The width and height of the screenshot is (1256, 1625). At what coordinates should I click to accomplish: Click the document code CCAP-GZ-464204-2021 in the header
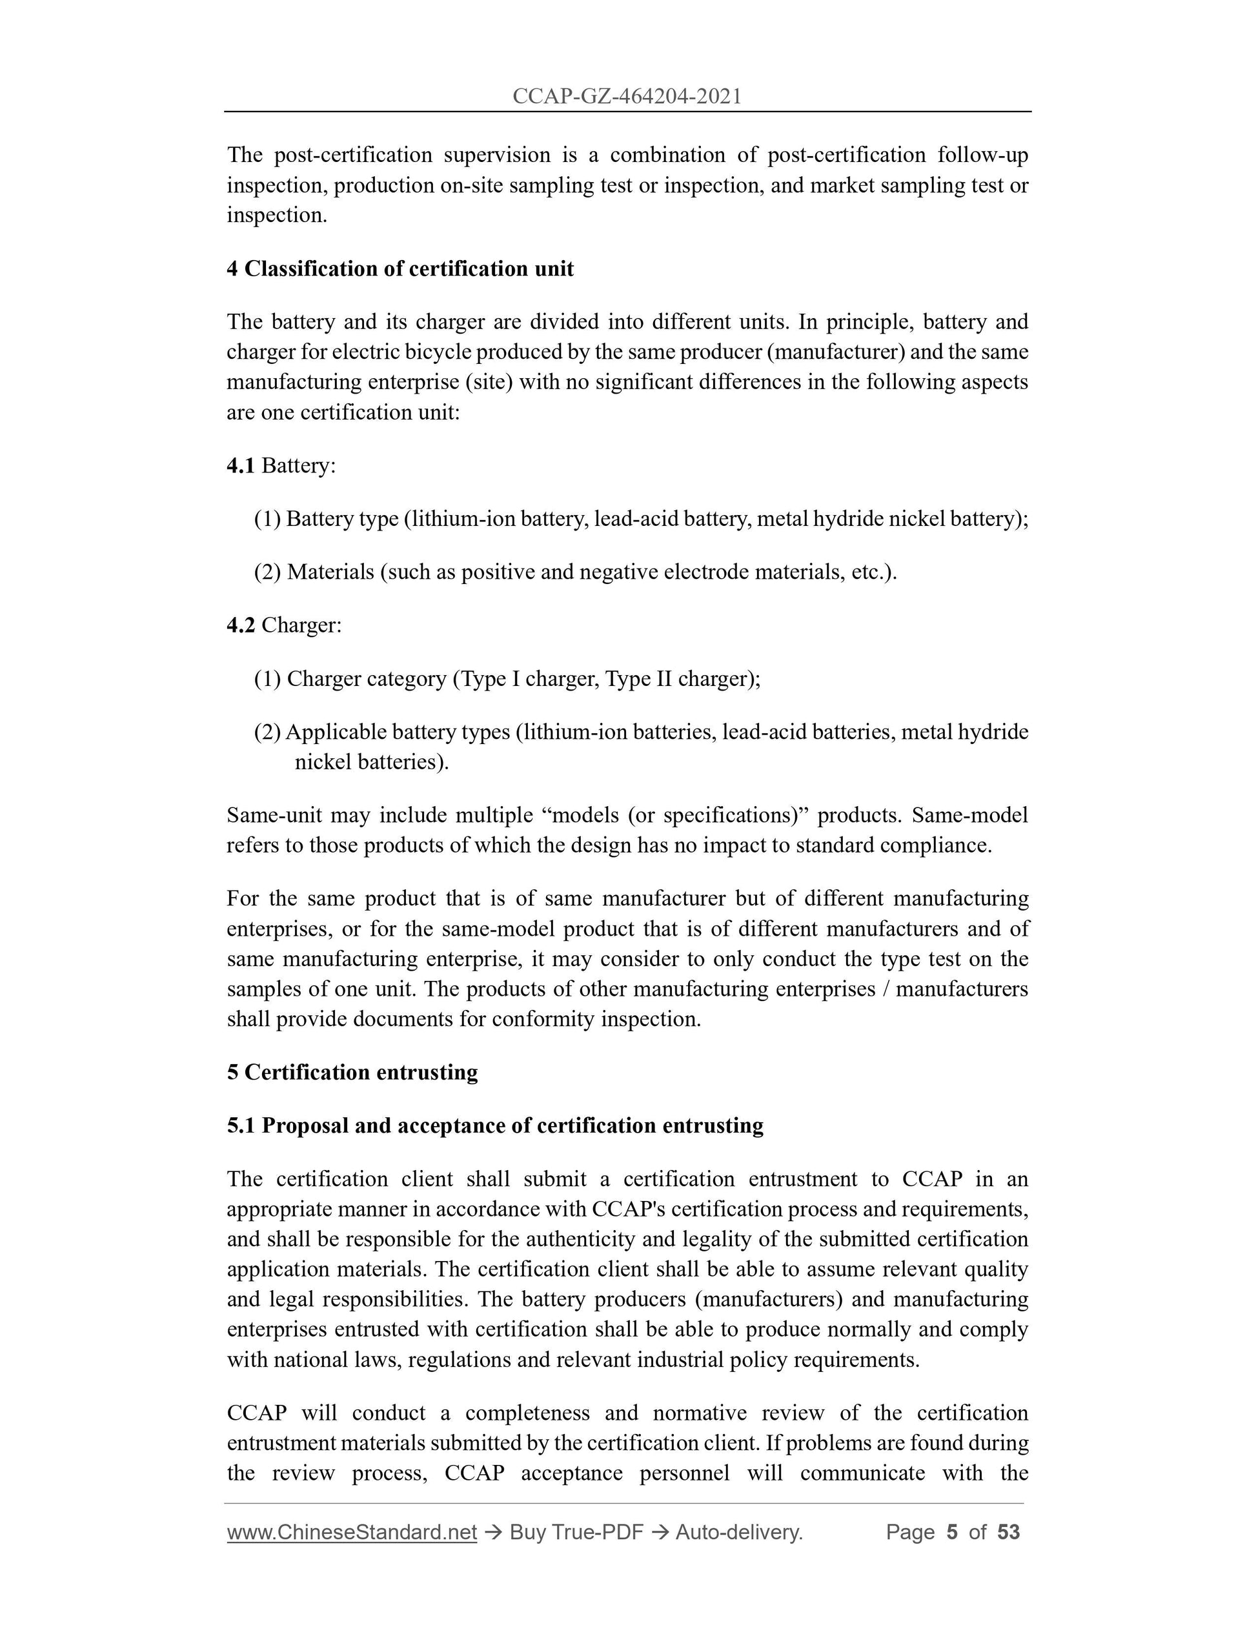[x=627, y=97]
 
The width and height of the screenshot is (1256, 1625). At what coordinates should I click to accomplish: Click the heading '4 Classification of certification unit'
[x=400, y=268]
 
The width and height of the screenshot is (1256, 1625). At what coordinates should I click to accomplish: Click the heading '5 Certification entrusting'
[x=352, y=1072]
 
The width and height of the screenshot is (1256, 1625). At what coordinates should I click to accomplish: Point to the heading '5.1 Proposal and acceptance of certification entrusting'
[x=495, y=1125]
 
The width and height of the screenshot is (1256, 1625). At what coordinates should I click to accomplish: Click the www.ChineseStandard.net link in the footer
[x=351, y=1532]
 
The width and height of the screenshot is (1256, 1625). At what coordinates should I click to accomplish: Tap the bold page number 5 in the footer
[x=951, y=1532]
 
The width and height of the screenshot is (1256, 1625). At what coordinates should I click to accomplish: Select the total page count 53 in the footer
[x=1008, y=1532]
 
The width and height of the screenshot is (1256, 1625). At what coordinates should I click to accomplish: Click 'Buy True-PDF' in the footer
[x=576, y=1532]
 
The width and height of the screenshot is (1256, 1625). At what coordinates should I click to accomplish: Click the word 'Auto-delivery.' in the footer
[x=739, y=1532]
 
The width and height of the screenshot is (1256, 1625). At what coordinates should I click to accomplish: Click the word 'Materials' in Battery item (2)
[x=330, y=572]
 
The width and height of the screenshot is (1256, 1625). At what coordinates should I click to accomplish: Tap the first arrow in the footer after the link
[x=492, y=1532]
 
